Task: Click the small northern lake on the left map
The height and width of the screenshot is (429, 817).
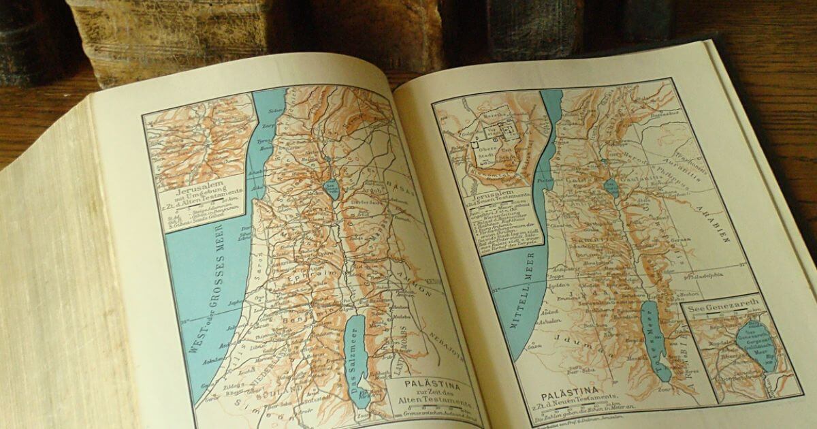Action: pos(332,189)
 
